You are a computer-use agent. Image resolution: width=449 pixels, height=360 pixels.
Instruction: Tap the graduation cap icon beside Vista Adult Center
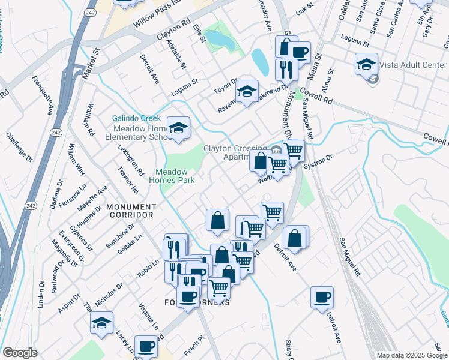367,63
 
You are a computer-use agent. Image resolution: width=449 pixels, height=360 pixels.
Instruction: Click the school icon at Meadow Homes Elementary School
178,128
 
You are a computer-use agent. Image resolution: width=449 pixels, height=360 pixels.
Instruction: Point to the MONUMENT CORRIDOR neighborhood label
131,207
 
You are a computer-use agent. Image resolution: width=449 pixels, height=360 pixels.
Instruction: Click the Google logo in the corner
20,353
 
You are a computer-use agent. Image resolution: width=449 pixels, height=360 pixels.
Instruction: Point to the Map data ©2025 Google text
411,355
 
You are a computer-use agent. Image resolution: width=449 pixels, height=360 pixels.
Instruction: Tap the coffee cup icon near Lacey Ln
146,346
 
